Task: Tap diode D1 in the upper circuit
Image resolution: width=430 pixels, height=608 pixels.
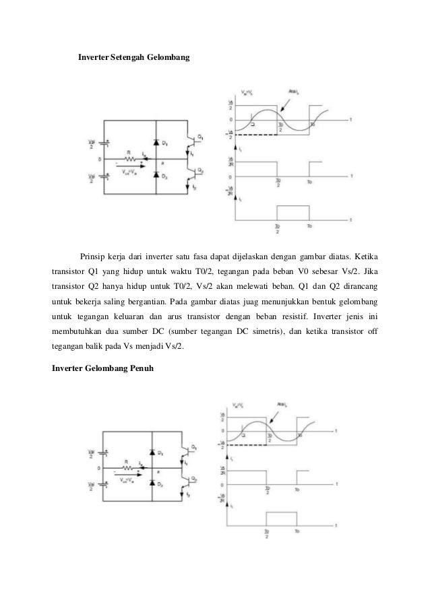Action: pos(155,143)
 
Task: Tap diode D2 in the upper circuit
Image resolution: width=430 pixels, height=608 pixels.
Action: pos(155,176)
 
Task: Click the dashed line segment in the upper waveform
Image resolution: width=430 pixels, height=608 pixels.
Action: pos(253,136)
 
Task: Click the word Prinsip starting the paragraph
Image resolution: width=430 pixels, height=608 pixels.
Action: pos(93,257)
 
